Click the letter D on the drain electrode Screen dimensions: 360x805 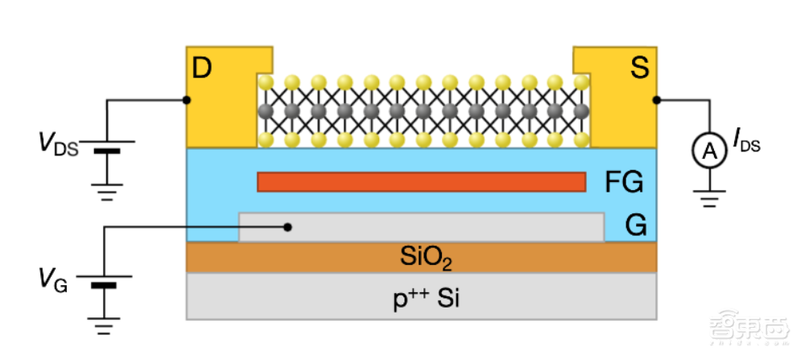(202, 69)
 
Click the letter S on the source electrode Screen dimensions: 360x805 (639, 69)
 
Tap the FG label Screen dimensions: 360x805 (625, 183)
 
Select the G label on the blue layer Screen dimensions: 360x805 (636, 226)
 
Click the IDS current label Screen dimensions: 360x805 (745, 146)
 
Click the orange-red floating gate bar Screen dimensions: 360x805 (421, 182)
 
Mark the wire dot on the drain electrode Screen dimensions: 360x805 (187, 100)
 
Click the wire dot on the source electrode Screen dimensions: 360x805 (657, 100)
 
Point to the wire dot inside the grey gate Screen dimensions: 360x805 (289, 226)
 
